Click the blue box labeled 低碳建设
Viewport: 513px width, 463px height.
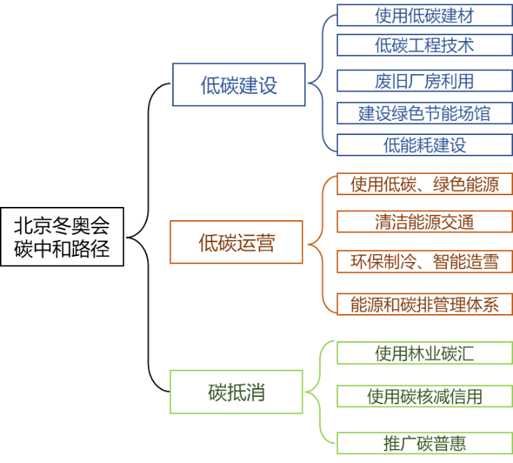[x=239, y=85]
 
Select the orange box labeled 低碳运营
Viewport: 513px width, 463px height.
[x=236, y=242]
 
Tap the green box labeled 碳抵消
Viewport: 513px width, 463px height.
[x=236, y=392]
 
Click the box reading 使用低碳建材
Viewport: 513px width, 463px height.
[x=424, y=15]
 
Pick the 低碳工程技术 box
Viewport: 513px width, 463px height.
[x=424, y=45]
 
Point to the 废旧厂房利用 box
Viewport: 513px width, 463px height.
[x=424, y=81]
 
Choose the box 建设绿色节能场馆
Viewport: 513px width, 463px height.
[x=424, y=113]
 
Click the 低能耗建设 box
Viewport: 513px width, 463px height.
[x=424, y=145]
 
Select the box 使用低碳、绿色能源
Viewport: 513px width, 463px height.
[x=424, y=184]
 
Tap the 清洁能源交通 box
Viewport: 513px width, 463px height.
[x=424, y=222]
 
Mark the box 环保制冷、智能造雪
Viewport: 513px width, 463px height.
[x=424, y=261]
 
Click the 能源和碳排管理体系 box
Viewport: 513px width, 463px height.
[x=424, y=304]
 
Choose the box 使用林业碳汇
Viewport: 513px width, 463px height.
[x=424, y=353]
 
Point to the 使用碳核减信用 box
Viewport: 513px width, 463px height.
[x=424, y=396]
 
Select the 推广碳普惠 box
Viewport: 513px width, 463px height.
[x=424, y=443]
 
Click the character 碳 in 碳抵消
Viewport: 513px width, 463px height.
[x=217, y=393]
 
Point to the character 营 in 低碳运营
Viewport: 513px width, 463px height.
[x=265, y=243]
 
